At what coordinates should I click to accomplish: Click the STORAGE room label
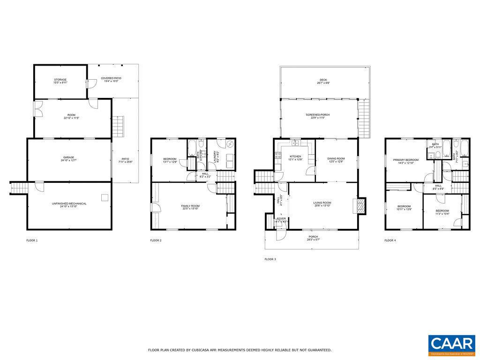point(60,80)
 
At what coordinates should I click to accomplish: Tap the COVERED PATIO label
point(111,78)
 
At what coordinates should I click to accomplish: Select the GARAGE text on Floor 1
point(69,157)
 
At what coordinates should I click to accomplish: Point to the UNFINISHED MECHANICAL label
point(69,203)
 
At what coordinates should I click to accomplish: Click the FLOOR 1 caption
point(32,240)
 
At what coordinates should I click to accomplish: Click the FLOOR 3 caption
point(270,259)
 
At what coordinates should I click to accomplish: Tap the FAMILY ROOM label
point(190,206)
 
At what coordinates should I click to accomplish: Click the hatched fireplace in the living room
point(360,206)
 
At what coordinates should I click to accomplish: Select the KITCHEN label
point(295,156)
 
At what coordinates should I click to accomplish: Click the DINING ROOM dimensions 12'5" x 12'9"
point(337,162)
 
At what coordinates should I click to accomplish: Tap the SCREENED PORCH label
point(318,115)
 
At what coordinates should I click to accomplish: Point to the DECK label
point(323,80)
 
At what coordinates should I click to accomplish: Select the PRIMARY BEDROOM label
point(406,160)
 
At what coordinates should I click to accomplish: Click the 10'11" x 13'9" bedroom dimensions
point(404,209)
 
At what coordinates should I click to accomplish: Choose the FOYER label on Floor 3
point(281,218)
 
